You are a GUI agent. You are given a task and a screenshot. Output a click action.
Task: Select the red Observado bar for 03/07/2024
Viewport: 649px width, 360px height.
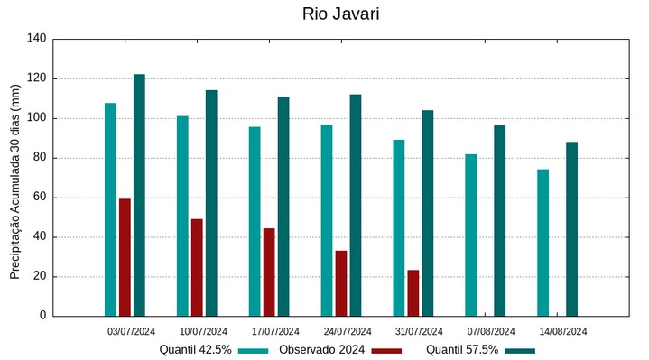pos(125,257)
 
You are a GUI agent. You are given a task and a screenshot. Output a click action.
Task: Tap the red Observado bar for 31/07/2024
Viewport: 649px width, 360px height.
pos(413,293)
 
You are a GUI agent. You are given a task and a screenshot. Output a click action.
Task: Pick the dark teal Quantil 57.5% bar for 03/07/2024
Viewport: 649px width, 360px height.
pos(139,195)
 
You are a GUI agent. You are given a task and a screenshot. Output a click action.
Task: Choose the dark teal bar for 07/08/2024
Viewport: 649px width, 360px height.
pos(500,221)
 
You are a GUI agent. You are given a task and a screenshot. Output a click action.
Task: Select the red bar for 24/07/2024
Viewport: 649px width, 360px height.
pos(341,283)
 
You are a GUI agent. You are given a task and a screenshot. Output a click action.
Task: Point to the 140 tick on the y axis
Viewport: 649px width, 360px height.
pos(37,39)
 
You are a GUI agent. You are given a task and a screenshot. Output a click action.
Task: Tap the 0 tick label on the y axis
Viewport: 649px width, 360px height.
pos(42,316)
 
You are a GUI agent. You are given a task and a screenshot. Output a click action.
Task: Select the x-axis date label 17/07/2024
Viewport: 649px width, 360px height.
pos(275,331)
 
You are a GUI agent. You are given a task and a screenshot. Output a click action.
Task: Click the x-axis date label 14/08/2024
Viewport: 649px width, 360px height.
pos(563,331)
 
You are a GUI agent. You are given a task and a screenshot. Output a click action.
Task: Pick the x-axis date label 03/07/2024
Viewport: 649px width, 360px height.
pos(132,331)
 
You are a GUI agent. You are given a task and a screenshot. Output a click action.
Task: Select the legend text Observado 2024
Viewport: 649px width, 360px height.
pos(321,350)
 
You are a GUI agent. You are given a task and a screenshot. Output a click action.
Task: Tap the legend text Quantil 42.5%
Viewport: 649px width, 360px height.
pos(196,350)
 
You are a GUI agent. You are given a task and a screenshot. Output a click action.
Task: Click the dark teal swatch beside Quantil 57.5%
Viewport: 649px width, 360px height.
pos(520,351)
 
